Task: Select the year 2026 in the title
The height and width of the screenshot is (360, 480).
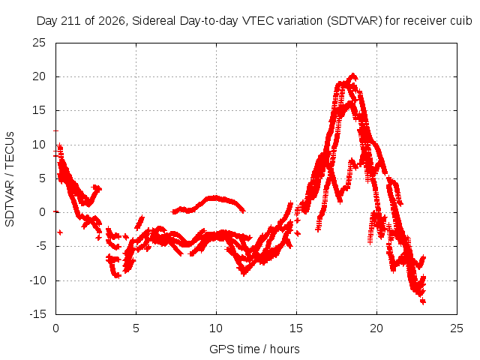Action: [111, 21]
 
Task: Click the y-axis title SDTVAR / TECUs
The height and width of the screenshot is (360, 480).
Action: [10, 179]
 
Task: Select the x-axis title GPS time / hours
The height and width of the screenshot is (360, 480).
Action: [254, 349]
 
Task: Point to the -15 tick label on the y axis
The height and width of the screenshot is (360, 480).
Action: [38, 314]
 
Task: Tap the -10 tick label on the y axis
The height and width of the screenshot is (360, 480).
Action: [38, 280]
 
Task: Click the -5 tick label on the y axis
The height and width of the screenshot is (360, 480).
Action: [40, 246]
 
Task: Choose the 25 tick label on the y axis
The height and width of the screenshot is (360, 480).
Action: [39, 43]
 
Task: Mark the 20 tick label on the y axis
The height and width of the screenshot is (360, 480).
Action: [39, 76]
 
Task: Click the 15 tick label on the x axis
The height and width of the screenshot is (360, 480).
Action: [296, 328]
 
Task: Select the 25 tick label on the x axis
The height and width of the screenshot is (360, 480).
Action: [457, 328]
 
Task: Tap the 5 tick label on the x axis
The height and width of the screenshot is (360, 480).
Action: [136, 328]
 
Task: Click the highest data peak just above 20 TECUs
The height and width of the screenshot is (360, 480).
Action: [353, 75]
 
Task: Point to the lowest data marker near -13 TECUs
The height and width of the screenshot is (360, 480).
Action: [423, 301]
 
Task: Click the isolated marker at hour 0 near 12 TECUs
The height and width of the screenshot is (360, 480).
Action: [55, 130]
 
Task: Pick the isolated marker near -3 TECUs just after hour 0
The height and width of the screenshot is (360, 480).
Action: [60, 232]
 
